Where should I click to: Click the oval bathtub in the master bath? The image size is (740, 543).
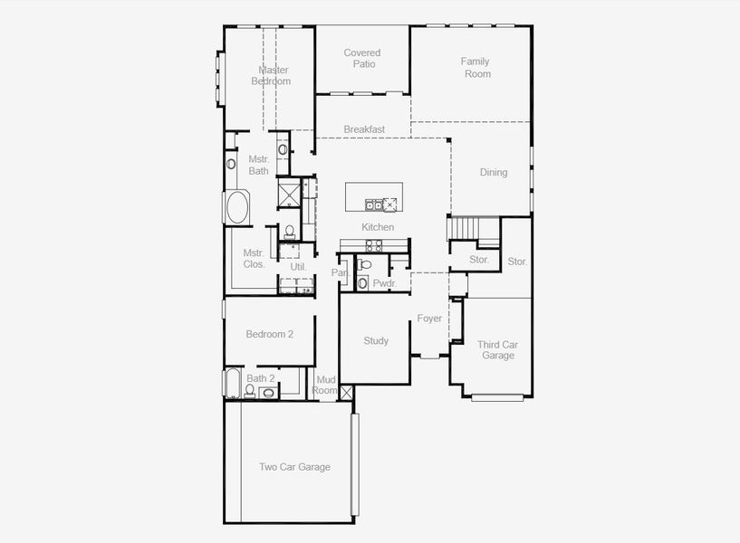pos(238,206)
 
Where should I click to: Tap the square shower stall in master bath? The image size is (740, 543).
pos(289,194)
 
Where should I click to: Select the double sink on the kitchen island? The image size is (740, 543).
pos(374,205)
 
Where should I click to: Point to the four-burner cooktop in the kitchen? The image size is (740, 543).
pos(374,245)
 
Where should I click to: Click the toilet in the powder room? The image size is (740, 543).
pos(364,264)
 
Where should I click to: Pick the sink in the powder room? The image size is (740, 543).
pos(362,283)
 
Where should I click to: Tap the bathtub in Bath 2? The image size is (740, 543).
pos(232,383)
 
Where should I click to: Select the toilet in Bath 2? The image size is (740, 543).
pos(250,391)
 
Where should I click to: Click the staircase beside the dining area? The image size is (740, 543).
pos(474,229)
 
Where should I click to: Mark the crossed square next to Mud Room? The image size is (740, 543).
pos(346,393)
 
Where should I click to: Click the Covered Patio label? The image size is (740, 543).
pos(362,59)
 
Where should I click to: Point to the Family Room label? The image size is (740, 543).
pos(476,67)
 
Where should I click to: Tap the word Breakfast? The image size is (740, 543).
pos(364,129)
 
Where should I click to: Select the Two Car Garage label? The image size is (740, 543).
pos(294,467)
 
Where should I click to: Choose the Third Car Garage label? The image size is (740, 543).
pos(497,350)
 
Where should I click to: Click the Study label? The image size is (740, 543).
pos(376,341)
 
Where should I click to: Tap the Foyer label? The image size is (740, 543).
pos(429,319)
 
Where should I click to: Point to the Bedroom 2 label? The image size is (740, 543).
pos(270,334)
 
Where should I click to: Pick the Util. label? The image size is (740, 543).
pos(298,267)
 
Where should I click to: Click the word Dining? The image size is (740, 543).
pos(494,173)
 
